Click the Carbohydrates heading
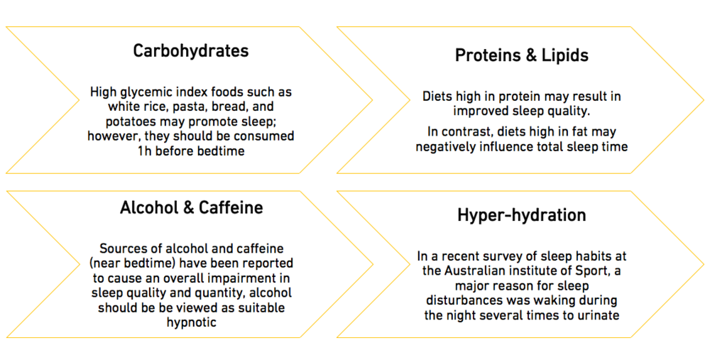point(191,51)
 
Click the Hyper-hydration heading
point(522,214)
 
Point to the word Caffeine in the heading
point(231,207)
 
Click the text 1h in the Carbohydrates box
point(144,151)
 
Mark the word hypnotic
point(192,323)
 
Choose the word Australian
point(474,271)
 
